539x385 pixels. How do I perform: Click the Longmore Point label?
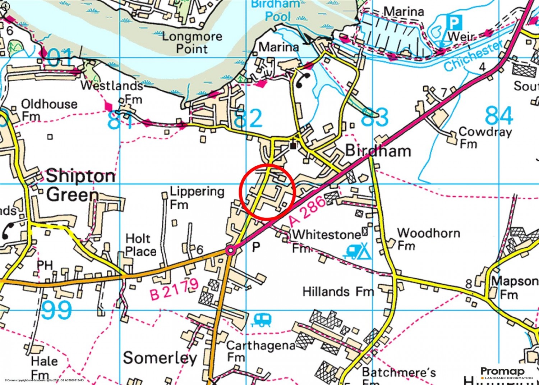point(192,42)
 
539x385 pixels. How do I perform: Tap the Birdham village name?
point(378,151)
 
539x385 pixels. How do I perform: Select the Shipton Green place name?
point(80,185)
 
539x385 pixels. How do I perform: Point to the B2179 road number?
point(174,289)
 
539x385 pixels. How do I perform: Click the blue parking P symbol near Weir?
point(454,23)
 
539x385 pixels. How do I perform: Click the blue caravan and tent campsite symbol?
point(358,251)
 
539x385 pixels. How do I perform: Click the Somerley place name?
point(160,358)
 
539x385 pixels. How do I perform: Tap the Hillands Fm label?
point(338,291)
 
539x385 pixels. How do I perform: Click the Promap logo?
point(507,373)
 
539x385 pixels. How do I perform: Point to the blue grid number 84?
point(499,116)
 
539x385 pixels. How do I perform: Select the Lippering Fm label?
point(196,197)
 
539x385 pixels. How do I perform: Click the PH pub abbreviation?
point(45,265)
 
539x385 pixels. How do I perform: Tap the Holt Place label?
point(140,245)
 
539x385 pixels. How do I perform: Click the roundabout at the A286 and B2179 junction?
point(230,250)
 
